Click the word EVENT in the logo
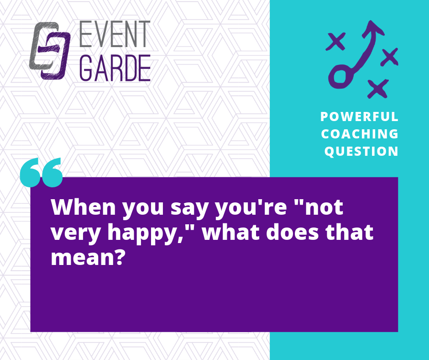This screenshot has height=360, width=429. pos(115,34)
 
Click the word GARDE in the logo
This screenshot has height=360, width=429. pos(115,68)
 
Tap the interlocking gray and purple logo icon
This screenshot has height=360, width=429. pos(50,51)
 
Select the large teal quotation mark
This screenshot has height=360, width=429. pos(42,172)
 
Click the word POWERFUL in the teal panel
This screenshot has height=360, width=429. pos(359,116)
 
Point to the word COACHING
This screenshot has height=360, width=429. pos(360,134)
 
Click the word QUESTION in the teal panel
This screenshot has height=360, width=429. pos(361,151)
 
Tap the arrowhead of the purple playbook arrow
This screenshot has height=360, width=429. pos(372,28)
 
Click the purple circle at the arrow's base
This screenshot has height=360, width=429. pos(340,76)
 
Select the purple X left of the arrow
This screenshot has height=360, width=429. pos(335,42)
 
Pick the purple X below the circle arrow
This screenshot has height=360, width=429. pos(378,89)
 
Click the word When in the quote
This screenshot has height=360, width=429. pos(84,207)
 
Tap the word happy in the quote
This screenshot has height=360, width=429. pos(141,233)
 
